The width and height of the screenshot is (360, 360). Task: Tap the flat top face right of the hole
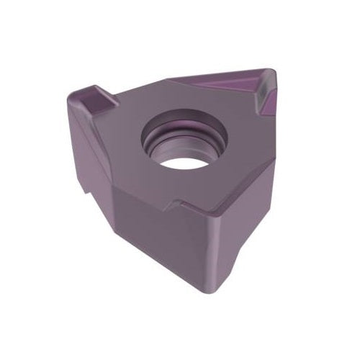[x=245, y=151]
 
